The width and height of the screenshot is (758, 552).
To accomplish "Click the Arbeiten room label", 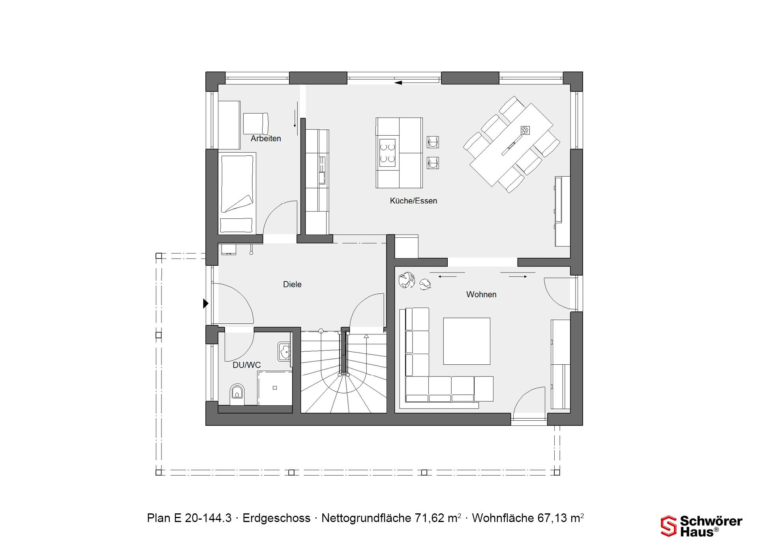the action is pos(266,138).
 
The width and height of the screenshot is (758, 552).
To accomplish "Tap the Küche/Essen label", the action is pos(413,201).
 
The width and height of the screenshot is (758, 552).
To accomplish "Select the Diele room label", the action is pos(292,284).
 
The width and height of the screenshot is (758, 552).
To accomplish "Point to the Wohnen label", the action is pos(481,294).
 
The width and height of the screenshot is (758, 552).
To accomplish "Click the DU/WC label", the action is pos(247,365).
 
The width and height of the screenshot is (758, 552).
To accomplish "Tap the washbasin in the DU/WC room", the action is pos(284,351).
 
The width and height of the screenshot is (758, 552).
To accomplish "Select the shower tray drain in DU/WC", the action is pos(275,388).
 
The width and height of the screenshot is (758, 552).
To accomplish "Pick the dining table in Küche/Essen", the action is pos(511,144).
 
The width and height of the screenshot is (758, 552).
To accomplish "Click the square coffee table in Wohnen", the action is pos(467,341).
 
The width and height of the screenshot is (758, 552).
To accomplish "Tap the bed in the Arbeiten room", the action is pos(237,193).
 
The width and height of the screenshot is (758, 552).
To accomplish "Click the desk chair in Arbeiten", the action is pos(256,123).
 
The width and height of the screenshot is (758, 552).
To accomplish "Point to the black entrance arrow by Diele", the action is pos(206,304).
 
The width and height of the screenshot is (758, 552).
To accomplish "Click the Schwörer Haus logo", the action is pos(701,526).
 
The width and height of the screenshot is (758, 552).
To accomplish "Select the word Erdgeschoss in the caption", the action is pos(276,518).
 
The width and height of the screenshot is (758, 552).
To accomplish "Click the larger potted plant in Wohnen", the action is pos(407,280).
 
